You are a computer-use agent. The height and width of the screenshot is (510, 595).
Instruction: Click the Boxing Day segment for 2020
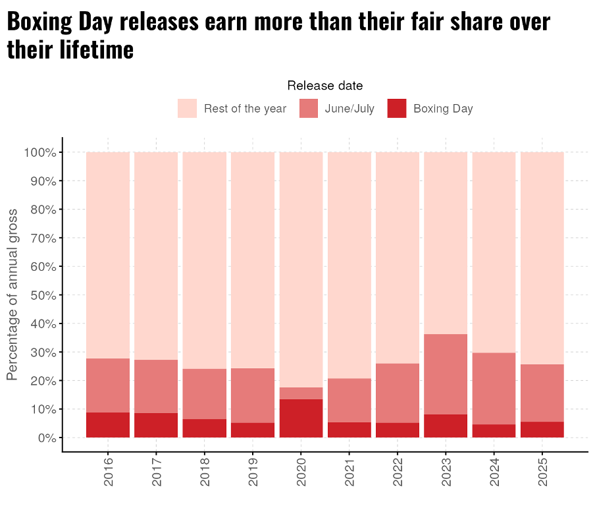pyautogui.click(x=301, y=418)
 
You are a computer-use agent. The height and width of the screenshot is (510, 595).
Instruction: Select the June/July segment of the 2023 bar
pyautogui.click(x=446, y=374)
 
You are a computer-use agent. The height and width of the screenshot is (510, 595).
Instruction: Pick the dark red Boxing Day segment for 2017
pyautogui.click(x=156, y=425)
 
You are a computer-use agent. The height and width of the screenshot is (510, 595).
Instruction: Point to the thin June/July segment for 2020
pyautogui.click(x=301, y=393)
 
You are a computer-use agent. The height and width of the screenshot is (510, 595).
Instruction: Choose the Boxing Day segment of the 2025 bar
pyautogui.click(x=542, y=429)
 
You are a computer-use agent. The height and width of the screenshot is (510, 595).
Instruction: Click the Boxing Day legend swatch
pyautogui.click(x=397, y=109)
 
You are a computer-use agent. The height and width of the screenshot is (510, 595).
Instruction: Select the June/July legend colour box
pyautogui.click(x=309, y=109)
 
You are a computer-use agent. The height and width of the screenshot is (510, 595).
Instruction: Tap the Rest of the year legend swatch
pyautogui.click(x=187, y=109)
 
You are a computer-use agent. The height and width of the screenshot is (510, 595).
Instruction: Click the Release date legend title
pyautogui.click(x=324, y=86)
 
